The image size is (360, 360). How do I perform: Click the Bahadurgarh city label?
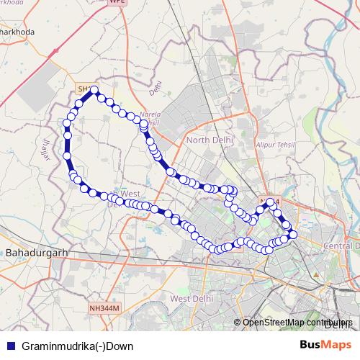pyautogui.click(x=35, y=253)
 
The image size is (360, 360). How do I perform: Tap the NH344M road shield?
pyautogui.click(x=104, y=308)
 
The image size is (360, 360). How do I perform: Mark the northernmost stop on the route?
pyautogui.click(x=94, y=90)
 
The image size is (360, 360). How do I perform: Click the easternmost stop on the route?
pyautogui.click(x=293, y=235)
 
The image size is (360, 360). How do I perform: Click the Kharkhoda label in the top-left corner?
pyautogui.click(x=17, y=32)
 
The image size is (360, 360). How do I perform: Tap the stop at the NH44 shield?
pyautogui.click(x=271, y=202)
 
